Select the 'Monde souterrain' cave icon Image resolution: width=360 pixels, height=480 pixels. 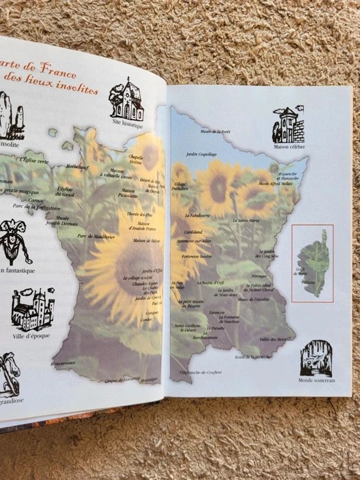click(316, 358)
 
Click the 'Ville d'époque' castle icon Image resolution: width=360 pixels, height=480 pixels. click(33, 310)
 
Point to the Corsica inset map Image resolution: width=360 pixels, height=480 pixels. click(313, 263)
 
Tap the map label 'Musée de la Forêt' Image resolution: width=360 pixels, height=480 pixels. click(215, 132)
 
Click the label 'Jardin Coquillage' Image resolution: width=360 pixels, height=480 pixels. click(201, 154)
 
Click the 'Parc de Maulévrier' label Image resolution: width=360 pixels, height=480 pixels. click(96, 236)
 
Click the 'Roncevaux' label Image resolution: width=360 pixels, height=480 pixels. click(63, 363)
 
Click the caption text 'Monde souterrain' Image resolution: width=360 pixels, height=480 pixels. click(316, 380)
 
